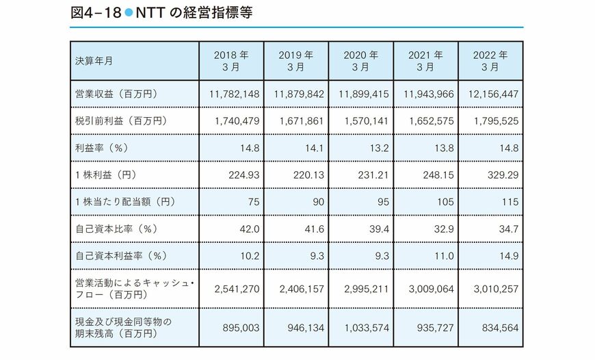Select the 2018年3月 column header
click(x=230, y=61)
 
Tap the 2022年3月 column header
click(x=490, y=61)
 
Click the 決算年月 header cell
click(x=95, y=61)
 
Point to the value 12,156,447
click(x=490, y=94)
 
